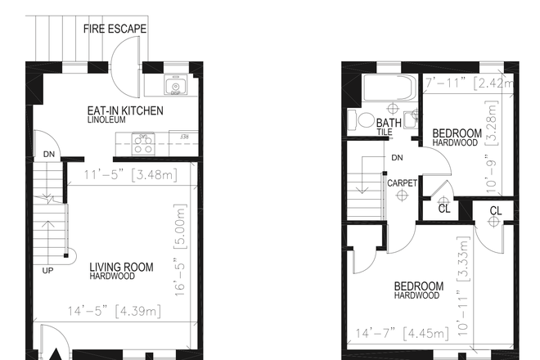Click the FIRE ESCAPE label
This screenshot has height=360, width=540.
tap(115, 29)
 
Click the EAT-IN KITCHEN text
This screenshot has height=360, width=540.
tap(125, 110)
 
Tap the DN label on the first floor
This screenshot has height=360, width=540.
tap(49, 152)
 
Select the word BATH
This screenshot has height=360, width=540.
tap(389, 123)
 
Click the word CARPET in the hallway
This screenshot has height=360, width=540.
tap(402, 182)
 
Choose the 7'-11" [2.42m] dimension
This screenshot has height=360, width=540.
tap(470, 83)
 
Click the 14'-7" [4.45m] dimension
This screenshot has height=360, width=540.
tap(397, 333)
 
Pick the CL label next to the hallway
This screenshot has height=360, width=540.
tap(444, 209)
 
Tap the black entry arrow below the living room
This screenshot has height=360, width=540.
tap(58, 353)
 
